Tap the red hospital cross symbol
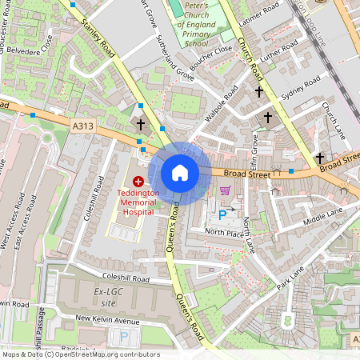[139, 182]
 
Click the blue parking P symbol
[222, 214]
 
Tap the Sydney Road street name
[300, 89]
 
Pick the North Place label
[224, 232]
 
